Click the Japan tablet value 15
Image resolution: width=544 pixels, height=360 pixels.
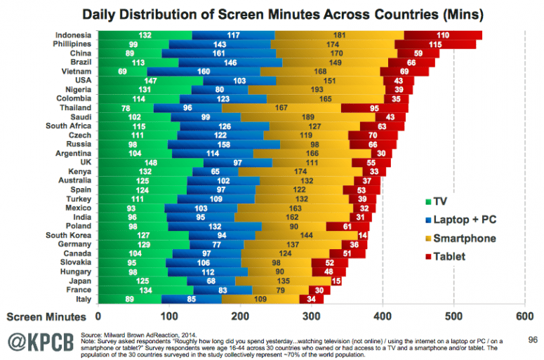click(x=336, y=280)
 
